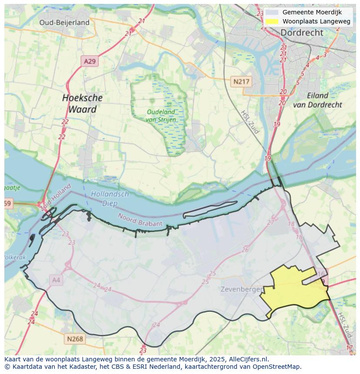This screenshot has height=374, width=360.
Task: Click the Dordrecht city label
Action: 302,33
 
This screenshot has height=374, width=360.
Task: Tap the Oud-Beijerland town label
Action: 64,23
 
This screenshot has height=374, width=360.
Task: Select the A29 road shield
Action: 90,61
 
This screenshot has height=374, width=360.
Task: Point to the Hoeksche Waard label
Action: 82,103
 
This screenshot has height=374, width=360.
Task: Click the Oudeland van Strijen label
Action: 161,116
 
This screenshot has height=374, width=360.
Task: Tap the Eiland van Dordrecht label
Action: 317,100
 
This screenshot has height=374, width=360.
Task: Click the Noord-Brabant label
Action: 140,219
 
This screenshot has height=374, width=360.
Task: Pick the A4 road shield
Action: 56,280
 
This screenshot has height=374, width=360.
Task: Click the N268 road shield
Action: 75,339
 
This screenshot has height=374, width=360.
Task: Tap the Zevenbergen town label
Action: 241,289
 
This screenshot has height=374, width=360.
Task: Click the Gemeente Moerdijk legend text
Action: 311,12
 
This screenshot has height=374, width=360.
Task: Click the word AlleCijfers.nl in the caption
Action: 249,359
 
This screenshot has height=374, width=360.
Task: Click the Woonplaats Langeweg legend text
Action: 316,21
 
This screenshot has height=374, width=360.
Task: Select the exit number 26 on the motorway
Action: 245,250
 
